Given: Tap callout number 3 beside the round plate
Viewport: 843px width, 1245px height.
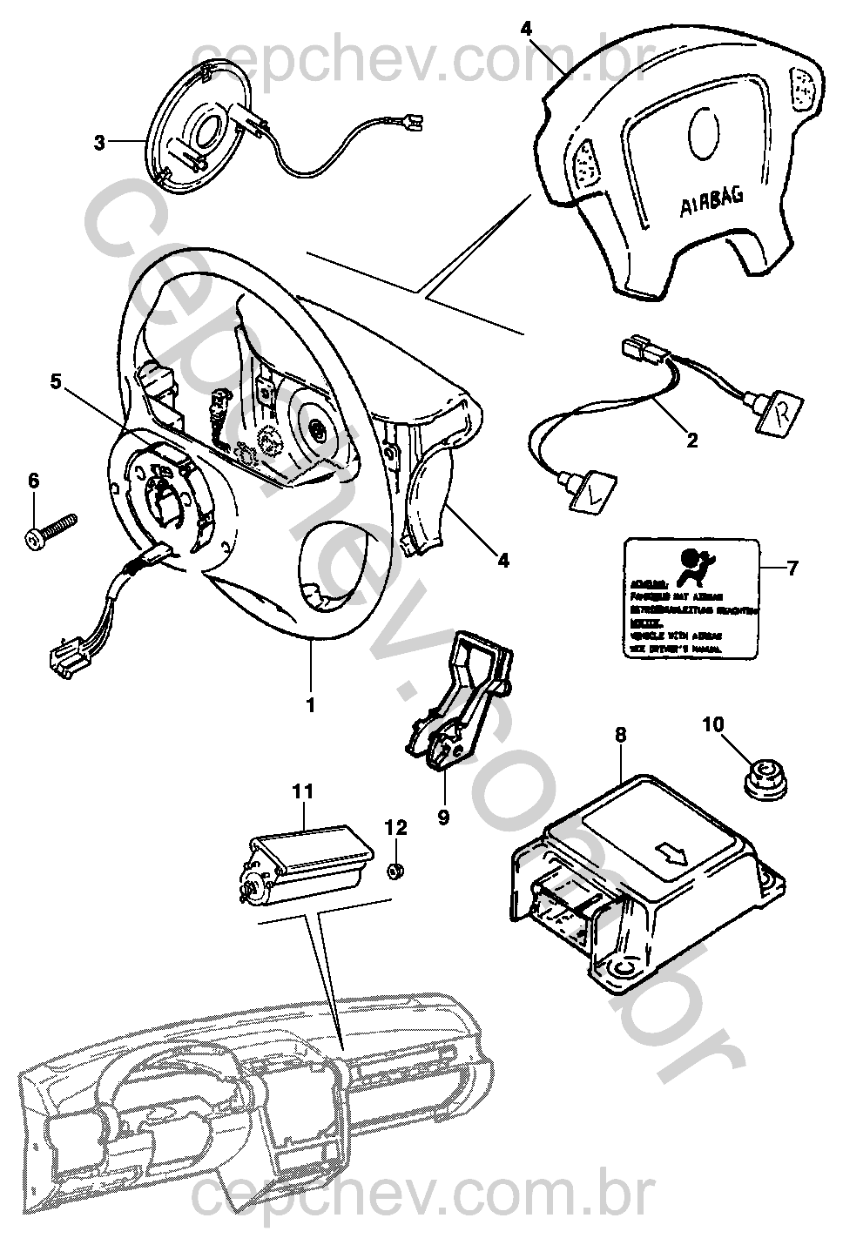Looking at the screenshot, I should click(x=99, y=141).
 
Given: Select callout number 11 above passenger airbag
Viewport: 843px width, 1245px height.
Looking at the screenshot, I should click(x=301, y=791).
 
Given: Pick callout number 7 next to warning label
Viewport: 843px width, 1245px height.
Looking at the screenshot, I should click(x=792, y=569).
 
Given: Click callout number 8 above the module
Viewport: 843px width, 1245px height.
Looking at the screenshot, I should click(x=620, y=735).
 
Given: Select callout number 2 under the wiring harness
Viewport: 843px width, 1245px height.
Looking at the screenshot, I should click(x=692, y=441).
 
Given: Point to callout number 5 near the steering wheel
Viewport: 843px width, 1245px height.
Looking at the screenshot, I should click(x=56, y=380).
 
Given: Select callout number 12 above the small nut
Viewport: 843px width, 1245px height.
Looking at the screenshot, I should click(x=396, y=827).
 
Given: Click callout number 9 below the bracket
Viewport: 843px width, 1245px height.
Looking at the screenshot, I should click(x=443, y=819).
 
